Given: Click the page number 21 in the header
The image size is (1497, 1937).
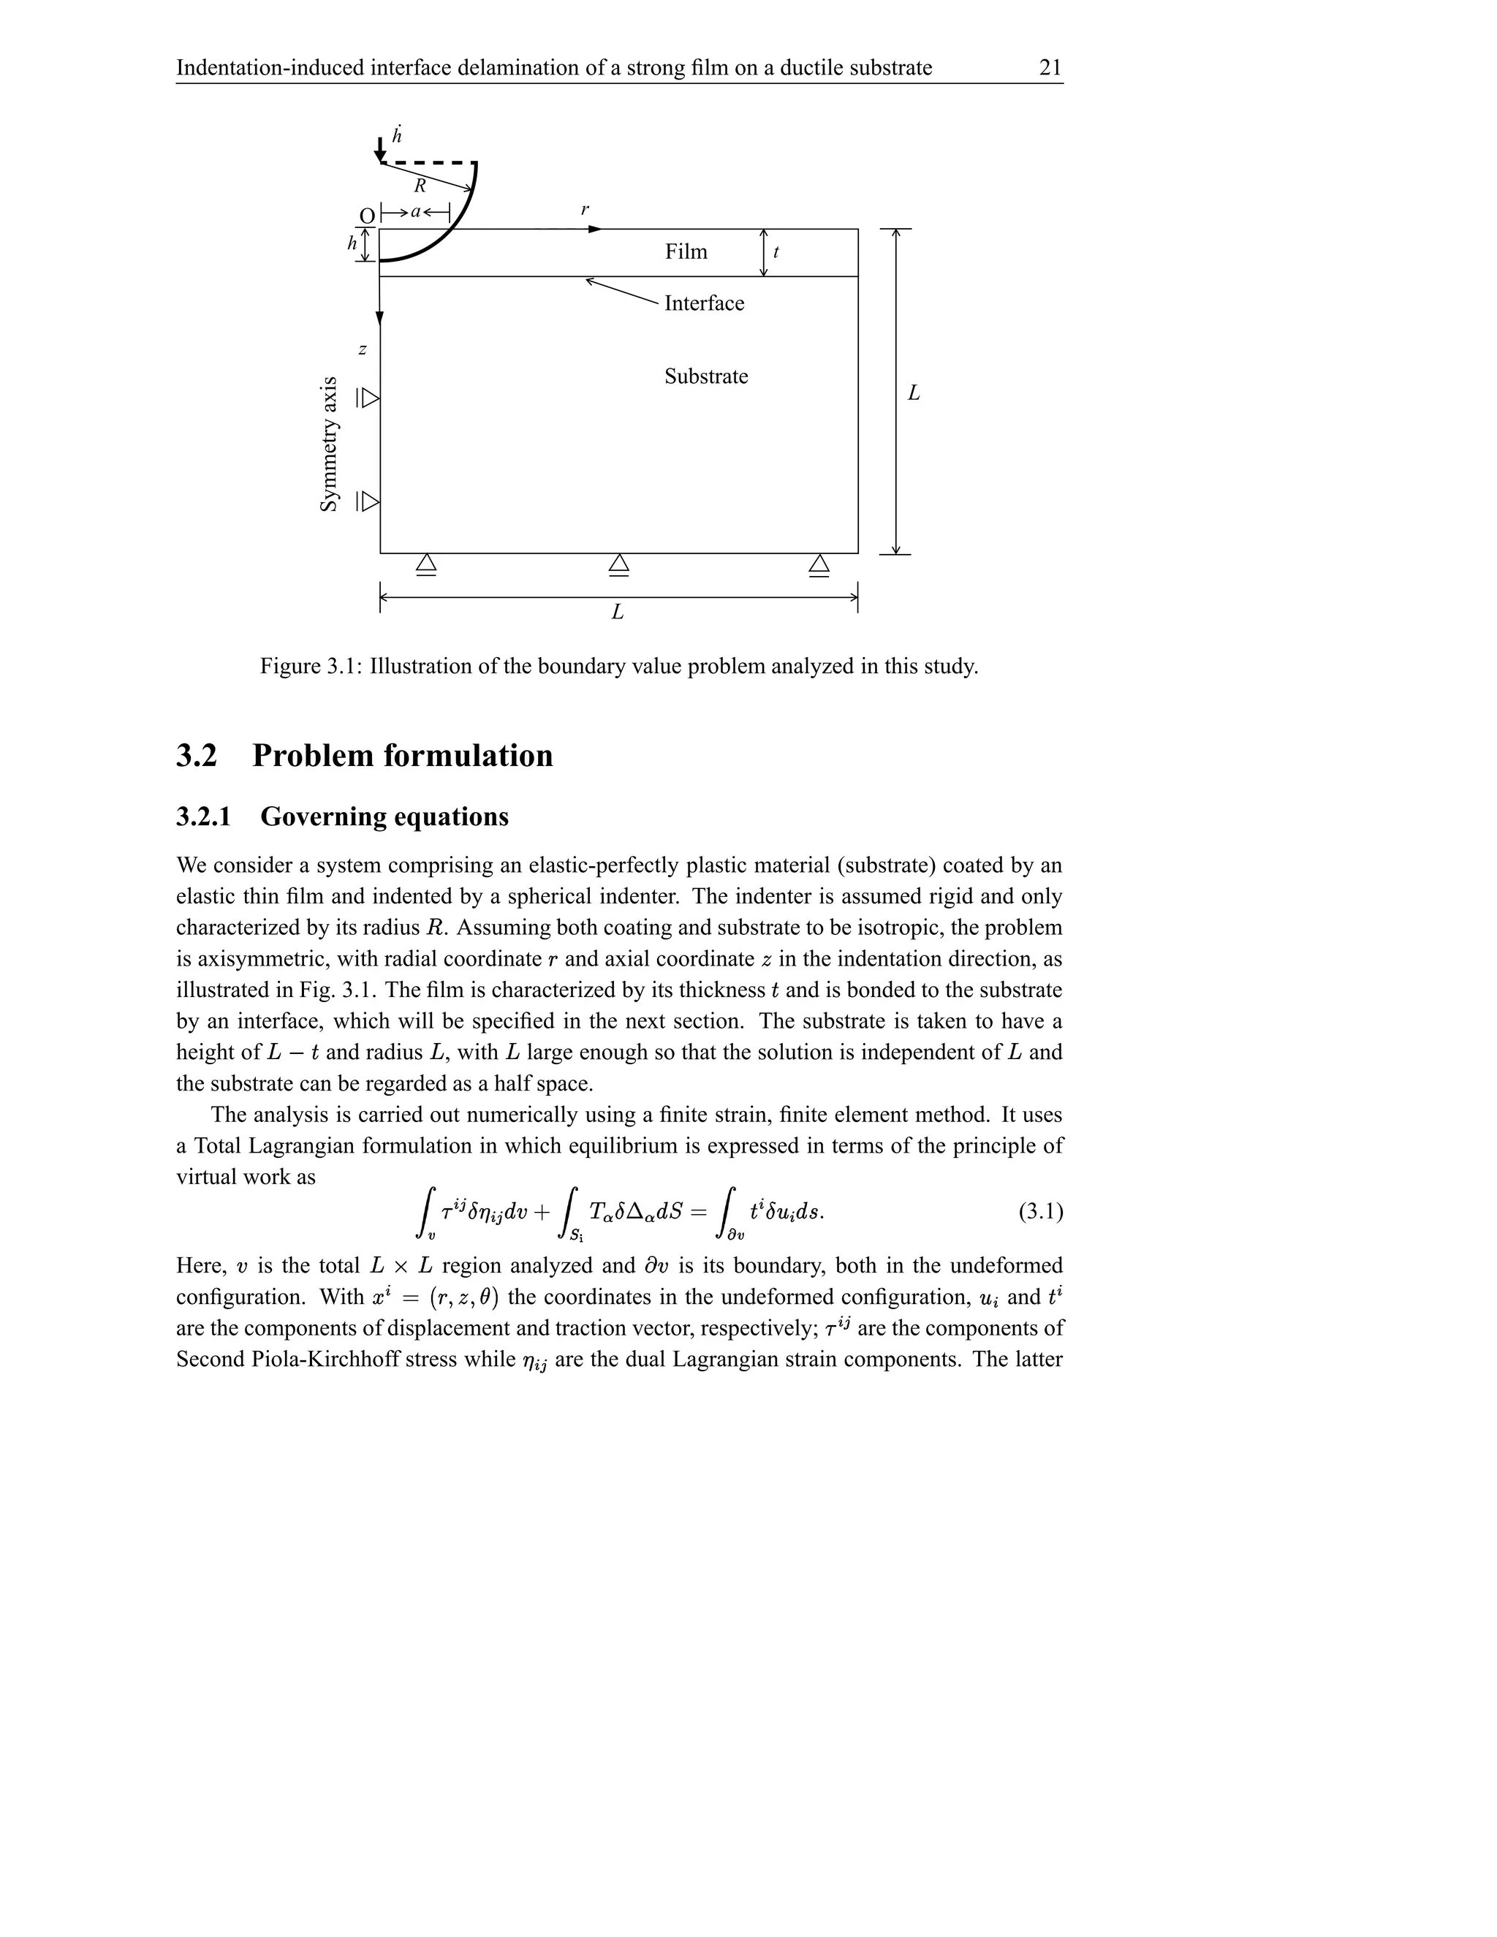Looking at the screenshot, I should pyautogui.click(x=1050, y=67).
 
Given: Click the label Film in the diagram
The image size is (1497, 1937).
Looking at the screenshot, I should pyautogui.click(x=686, y=252).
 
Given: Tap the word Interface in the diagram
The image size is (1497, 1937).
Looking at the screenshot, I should pyautogui.click(x=704, y=303).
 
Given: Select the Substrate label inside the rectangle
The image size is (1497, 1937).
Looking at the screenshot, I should pyautogui.click(x=706, y=376).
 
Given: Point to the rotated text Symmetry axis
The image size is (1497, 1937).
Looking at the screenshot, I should pyautogui.click(x=329, y=444).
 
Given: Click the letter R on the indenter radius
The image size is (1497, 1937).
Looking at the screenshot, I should pyautogui.click(x=420, y=186).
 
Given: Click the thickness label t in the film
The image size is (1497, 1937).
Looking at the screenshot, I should pyautogui.click(x=776, y=252).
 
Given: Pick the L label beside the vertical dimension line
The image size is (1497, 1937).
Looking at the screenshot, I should pyautogui.click(x=914, y=393).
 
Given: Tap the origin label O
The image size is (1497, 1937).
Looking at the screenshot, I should pyautogui.click(x=366, y=216).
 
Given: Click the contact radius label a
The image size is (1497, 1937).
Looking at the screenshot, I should pyautogui.click(x=415, y=212).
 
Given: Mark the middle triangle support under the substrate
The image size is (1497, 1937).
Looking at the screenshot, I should pyautogui.click(x=619, y=565).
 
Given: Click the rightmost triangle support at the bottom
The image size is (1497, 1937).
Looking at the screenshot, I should pyautogui.click(x=819, y=565).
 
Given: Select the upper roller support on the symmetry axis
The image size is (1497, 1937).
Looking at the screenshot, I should pyautogui.click(x=368, y=398).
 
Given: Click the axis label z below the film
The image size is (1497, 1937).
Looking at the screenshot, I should pyautogui.click(x=362, y=350).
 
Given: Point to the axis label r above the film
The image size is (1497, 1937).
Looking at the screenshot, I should pyautogui.click(x=585, y=211).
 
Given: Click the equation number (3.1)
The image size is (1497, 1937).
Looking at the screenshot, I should pyautogui.click(x=1040, y=1211).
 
